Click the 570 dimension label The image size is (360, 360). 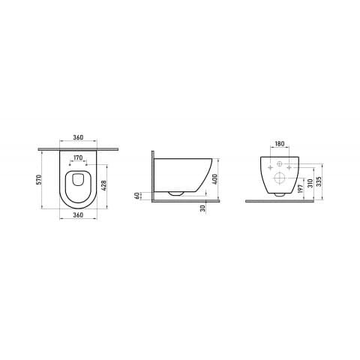click(38, 179)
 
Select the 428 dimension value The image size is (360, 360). click(104, 185)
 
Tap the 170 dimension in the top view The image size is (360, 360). click(78, 157)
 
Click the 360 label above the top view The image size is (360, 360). click(78, 137)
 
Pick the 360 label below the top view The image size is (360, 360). click(78, 214)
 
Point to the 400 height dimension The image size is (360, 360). click(216, 179)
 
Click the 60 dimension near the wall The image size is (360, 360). click(137, 196)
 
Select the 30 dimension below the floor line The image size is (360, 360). click(203, 208)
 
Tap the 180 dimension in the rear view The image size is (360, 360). click(280, 144)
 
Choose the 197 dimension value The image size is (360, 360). click(301, 188)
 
